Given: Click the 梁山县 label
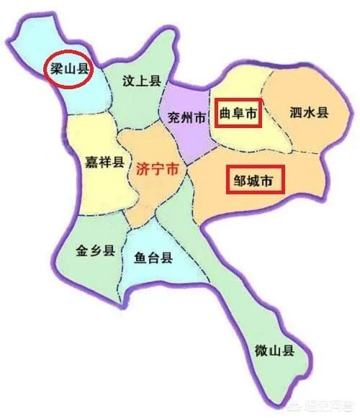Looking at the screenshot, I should click(68, 70).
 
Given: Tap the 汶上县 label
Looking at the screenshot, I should click(140, 81).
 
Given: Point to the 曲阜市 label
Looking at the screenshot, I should click(237, 113).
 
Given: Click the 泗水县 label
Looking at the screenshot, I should click(308, 113).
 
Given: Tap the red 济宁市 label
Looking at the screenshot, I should click(157, 171).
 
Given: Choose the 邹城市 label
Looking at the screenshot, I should click(253, 181).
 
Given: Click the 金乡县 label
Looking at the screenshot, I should click(95, 253).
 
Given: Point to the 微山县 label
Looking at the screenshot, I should click(274, 351).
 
